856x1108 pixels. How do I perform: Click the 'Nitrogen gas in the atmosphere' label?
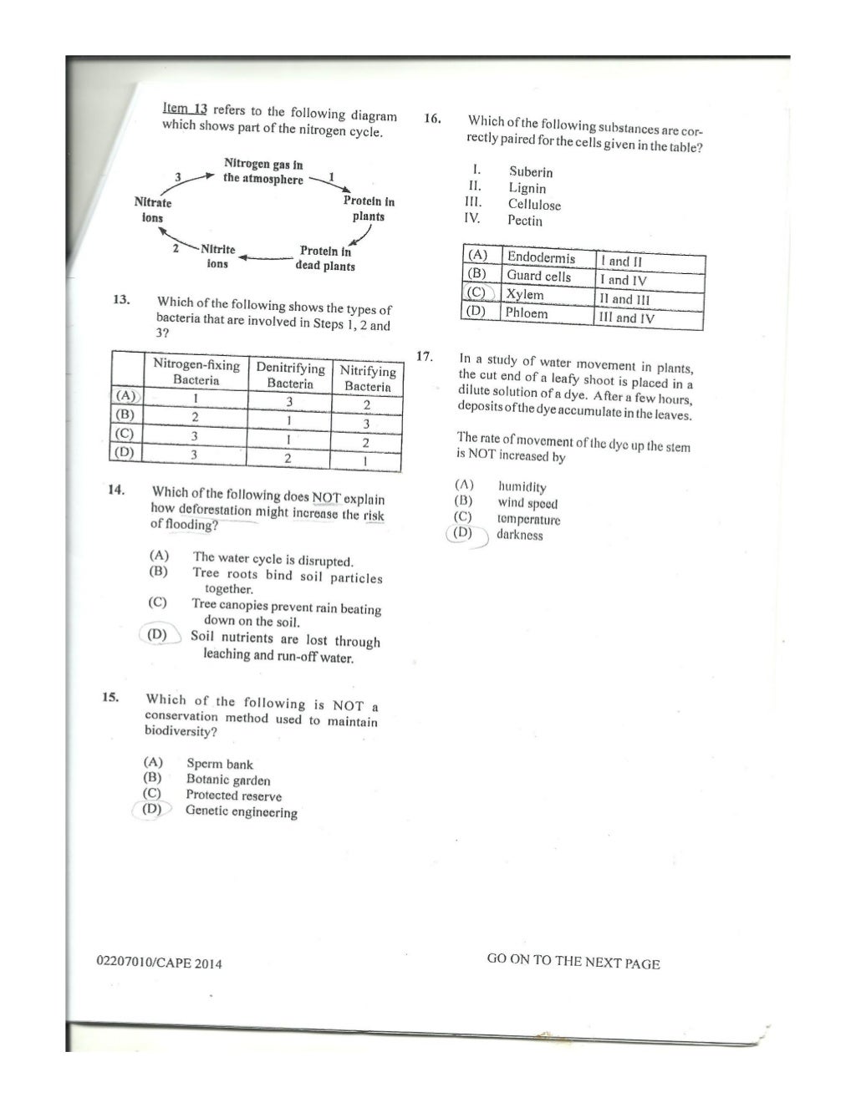coord(263,172)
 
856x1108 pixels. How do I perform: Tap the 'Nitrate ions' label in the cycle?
coord(153,210)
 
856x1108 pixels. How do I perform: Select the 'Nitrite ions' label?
coord(217,257)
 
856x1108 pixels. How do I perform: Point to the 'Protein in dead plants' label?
coord(325,258)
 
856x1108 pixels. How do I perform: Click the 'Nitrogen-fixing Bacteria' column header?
coord(196,372)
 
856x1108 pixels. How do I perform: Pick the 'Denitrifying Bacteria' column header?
coord(290,375)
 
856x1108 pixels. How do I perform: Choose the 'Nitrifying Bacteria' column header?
coord(368,379)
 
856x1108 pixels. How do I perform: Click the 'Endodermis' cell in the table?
coord(541,257)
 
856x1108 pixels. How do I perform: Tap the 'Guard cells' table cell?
coord(539,276)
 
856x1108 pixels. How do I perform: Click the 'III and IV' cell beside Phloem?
coord(627,318)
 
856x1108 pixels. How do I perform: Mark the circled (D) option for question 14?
coord(156,635)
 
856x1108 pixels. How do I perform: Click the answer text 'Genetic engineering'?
coord(241,811)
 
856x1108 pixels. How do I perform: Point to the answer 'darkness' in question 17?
coord(519,535)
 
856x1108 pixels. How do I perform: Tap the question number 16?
coord(432,119)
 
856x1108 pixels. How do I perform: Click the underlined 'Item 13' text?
coord(185,109)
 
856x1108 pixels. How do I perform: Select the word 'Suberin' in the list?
coord(531,172)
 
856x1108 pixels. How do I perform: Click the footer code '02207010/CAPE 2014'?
coord(160,963)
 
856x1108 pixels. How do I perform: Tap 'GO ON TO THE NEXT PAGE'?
coord(573,961)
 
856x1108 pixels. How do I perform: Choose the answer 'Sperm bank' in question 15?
coord(219,764)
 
